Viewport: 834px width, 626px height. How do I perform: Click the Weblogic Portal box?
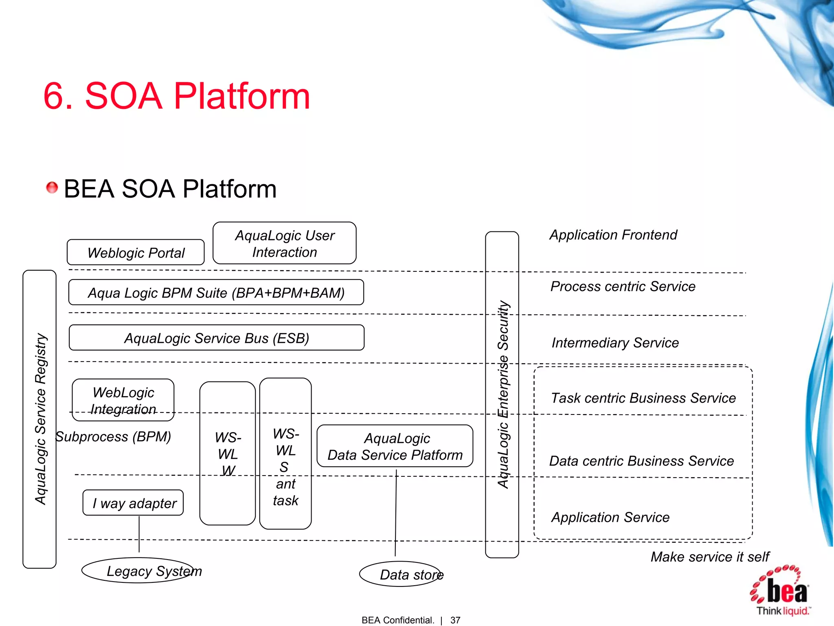tap(136, 253)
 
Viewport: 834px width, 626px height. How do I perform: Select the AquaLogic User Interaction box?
tap(284, 243)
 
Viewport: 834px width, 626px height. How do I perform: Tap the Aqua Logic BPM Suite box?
tap(216, 293)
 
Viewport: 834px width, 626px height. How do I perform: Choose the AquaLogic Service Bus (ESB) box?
tap(216, 338)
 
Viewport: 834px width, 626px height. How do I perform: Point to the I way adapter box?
tap(133, 503)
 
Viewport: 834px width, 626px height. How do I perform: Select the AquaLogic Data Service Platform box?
tap(395, 446)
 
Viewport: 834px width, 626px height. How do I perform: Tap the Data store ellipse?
tap(401, 574)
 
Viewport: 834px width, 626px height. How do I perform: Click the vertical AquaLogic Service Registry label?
tap(40, 419)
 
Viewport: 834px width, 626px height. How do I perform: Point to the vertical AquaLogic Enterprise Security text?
tap(503, 395)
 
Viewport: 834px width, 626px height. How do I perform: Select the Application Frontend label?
tap(613, 235)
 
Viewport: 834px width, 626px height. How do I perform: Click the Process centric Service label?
tap(623, 287)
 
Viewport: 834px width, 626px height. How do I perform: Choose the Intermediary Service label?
tap(615, 343)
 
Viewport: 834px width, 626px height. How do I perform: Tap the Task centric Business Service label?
tap(643, 398)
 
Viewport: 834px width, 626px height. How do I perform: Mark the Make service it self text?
tap(709, 557)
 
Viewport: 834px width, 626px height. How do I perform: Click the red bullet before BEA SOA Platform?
tap(52, 188)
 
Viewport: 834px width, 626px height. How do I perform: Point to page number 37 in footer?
tap(455, 620)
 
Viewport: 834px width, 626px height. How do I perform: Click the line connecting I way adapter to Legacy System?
tap(139, 534)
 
